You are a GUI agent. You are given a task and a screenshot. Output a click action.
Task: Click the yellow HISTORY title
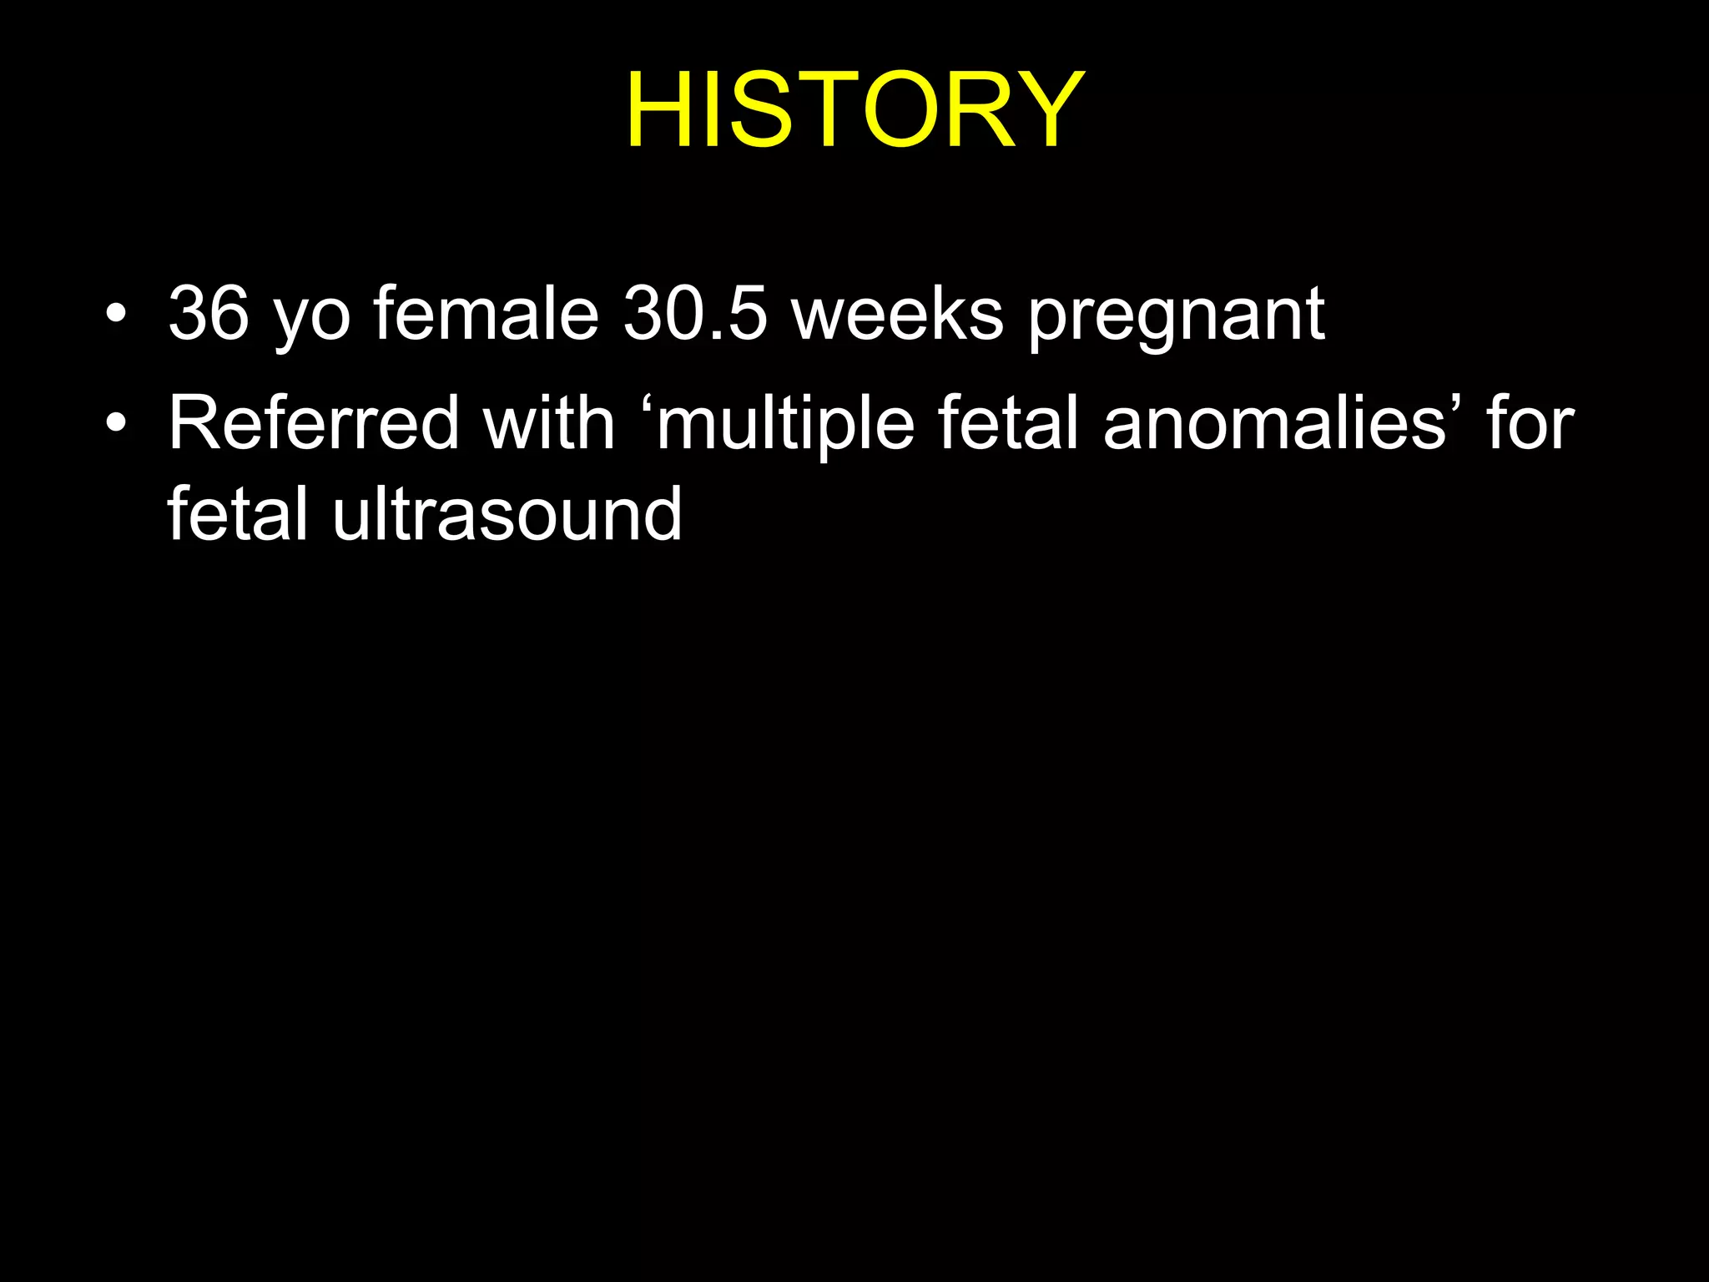pyautogui.click(x=855, y=110)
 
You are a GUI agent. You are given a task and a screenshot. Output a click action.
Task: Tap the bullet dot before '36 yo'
pyautogui.click(x=117, y=315)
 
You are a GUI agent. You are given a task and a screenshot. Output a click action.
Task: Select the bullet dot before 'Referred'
pyautogui.click(x=117, y=423)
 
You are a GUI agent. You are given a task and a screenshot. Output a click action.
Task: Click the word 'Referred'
pyautogui.click(x=314, y=423)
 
